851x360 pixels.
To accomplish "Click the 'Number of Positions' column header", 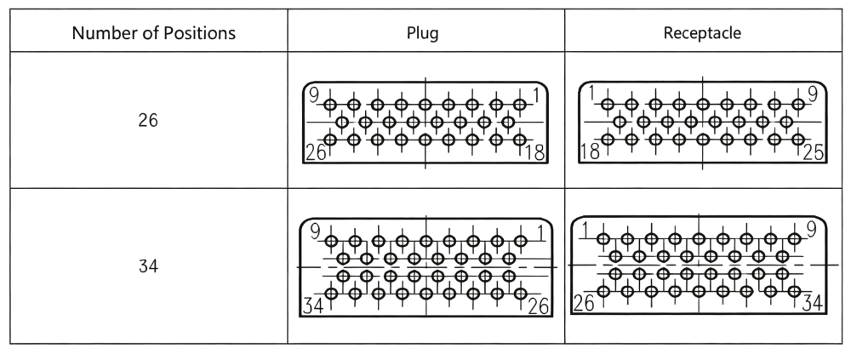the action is [x=153, y=33].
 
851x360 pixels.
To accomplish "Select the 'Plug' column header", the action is [x=423, y=33].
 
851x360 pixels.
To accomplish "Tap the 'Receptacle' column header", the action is [x=702, y=33].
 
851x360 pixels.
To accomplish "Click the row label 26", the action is [x=148, y=120].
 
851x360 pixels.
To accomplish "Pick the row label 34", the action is [x=148, y=266].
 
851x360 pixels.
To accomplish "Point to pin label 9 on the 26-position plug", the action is [x=314, y=95].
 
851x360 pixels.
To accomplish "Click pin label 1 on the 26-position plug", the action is [x=537, y=95].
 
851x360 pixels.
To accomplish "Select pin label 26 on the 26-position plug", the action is [x=316, y=152].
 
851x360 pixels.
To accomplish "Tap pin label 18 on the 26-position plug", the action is [x=535, y=152].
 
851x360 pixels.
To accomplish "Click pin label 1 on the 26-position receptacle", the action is [x=592, y=94].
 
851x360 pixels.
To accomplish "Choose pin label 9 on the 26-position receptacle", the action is [x=813, y=94].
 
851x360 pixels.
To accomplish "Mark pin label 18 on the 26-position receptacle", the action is [x=590, y=151].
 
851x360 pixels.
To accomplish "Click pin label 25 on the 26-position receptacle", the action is [x=814, y=152].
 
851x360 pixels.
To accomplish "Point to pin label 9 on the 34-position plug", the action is [x=315, y=231].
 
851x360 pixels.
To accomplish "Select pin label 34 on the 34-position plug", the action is [x=313, y=306].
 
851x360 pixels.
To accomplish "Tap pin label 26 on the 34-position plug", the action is [x=538, y=306].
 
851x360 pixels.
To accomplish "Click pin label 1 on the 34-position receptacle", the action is [x=585, y=231].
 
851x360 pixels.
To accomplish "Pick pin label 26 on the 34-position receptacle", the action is [x=584, y=303].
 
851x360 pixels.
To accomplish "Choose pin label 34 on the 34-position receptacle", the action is [x=813, y=303].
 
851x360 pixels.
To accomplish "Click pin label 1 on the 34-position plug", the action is [x=540, y=233].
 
